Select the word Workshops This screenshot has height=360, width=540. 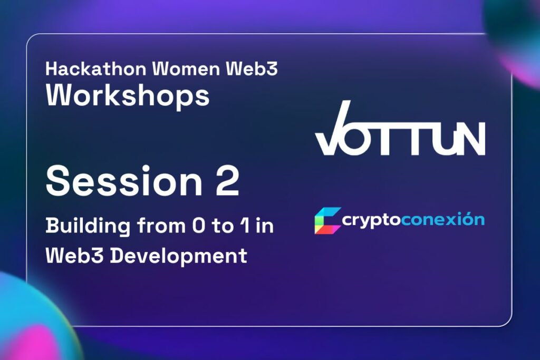128,95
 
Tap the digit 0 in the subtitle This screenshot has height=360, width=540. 198,226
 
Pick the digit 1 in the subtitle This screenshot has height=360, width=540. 245,226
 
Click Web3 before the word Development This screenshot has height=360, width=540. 74,256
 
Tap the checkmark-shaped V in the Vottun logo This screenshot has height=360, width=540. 333,128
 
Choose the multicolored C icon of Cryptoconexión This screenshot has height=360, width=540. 327,221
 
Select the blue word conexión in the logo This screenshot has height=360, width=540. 443,219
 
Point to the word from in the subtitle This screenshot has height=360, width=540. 161,226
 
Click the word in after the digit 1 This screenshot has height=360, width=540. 265,226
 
